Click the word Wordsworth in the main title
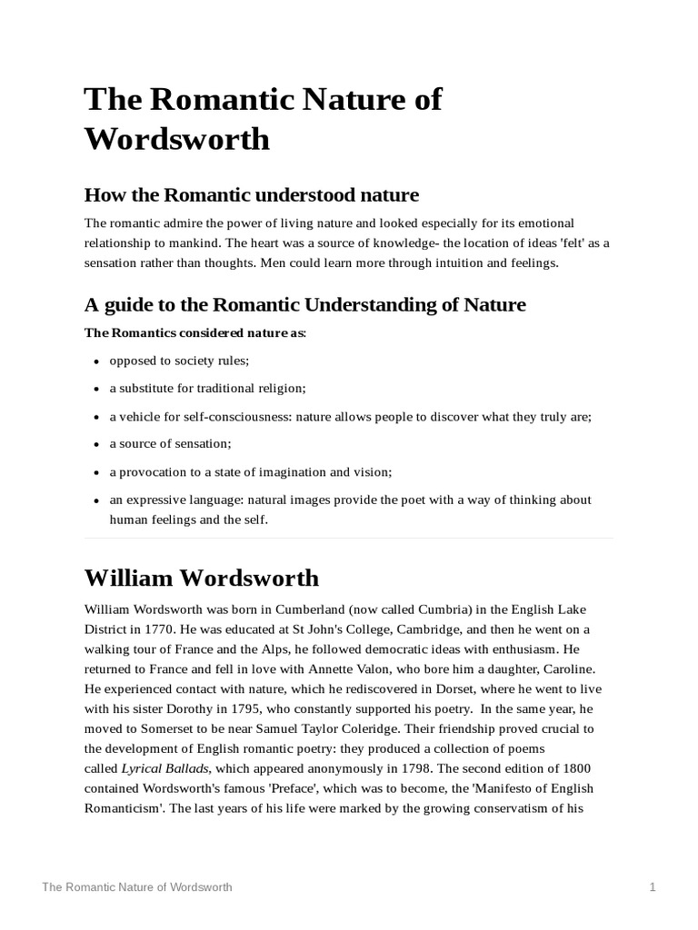176,139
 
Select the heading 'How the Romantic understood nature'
251,194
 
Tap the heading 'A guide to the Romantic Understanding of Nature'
304,304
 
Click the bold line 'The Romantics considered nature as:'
195,332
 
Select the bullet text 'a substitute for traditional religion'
207,388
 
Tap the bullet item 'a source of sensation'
170,444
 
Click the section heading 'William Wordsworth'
201,578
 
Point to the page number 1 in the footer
653,886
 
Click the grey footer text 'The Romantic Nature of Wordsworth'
136,886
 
